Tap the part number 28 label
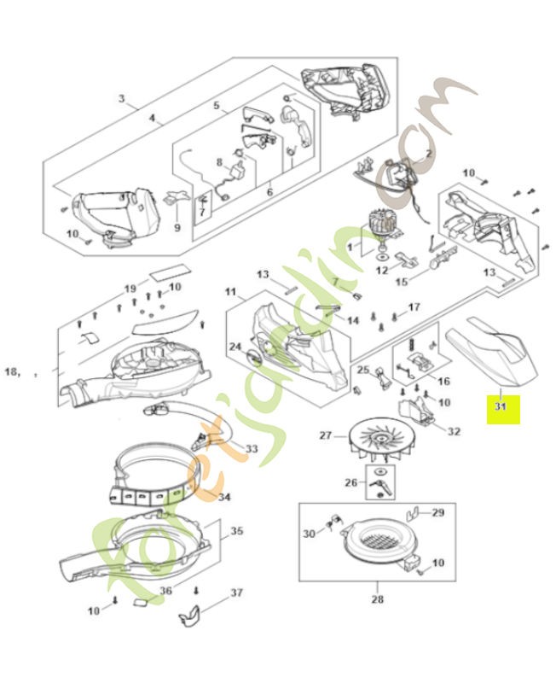(x=378, y=598)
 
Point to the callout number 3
(x=122, y=99)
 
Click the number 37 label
(x=237, y=593)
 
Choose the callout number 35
(x=236, y=530)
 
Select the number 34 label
(x=224, y=497)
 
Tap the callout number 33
(x=251, y=448)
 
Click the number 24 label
(x=234, y=347)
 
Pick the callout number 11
(x=230, y=292)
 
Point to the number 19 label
(x=130, y=288)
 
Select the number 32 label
(x=454, y=431)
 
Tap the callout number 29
(x=437, y=512)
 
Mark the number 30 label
(x=310, y=534)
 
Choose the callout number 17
(x=414, y=306)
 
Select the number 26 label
(x=350, y=482)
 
